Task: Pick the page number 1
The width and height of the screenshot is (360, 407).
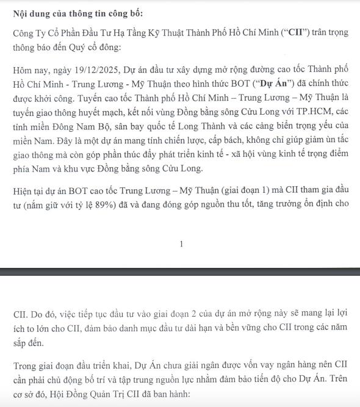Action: [x=181, y=244]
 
